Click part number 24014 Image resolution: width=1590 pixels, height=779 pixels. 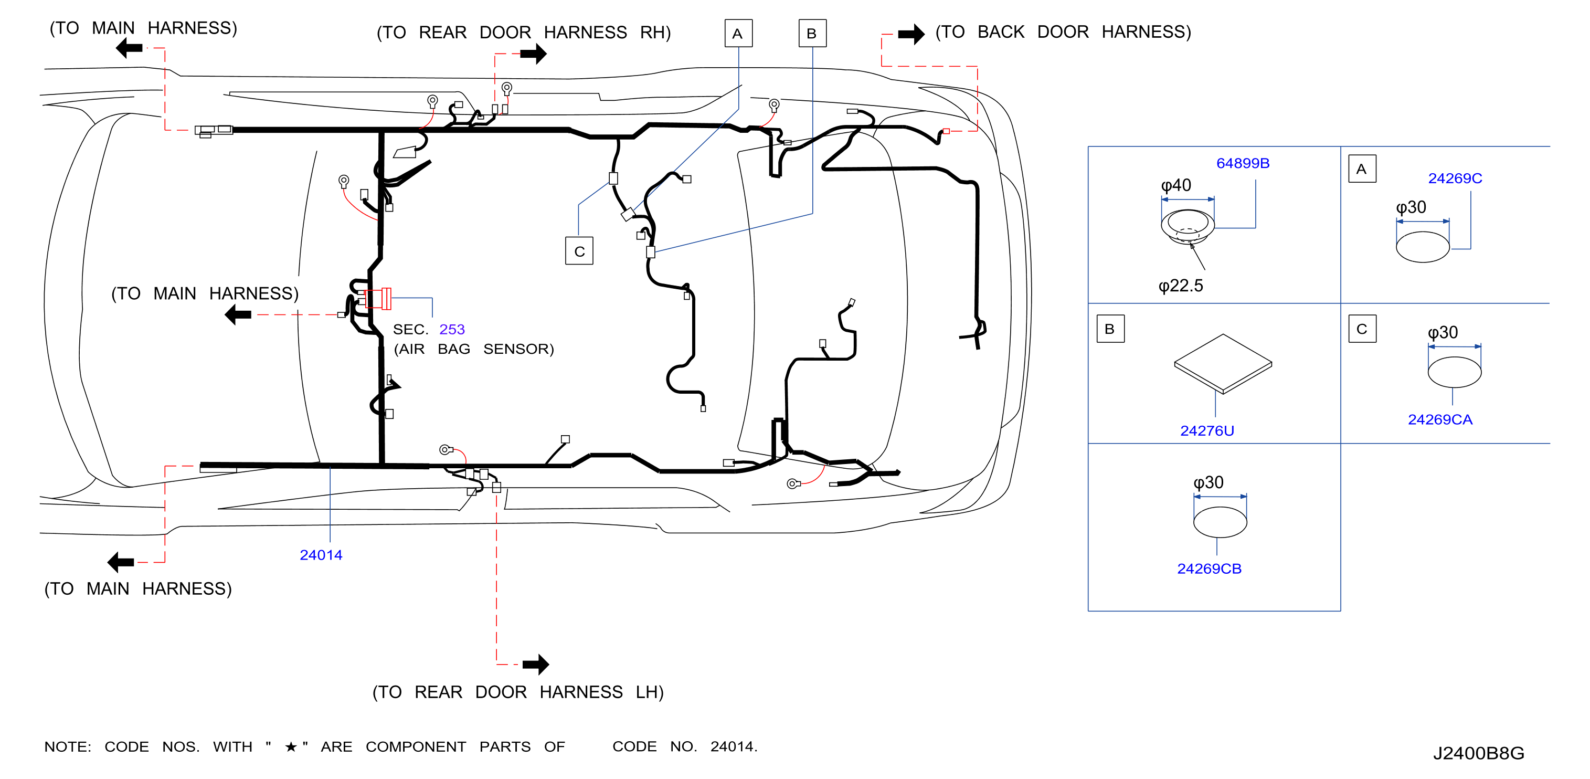[321, 555]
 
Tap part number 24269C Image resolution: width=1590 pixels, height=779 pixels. [1455, 178]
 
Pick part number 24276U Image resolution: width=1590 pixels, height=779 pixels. [1207, 431]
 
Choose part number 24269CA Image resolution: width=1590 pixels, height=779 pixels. [1440, 420]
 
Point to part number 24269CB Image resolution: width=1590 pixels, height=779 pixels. [1209, 569]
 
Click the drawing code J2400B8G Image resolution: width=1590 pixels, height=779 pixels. [1478, 753]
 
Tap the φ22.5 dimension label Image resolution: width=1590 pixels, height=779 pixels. [1180, 286]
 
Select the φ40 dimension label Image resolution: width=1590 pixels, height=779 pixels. [1176, 185]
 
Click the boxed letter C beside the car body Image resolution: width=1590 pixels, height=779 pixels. [579, 251]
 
